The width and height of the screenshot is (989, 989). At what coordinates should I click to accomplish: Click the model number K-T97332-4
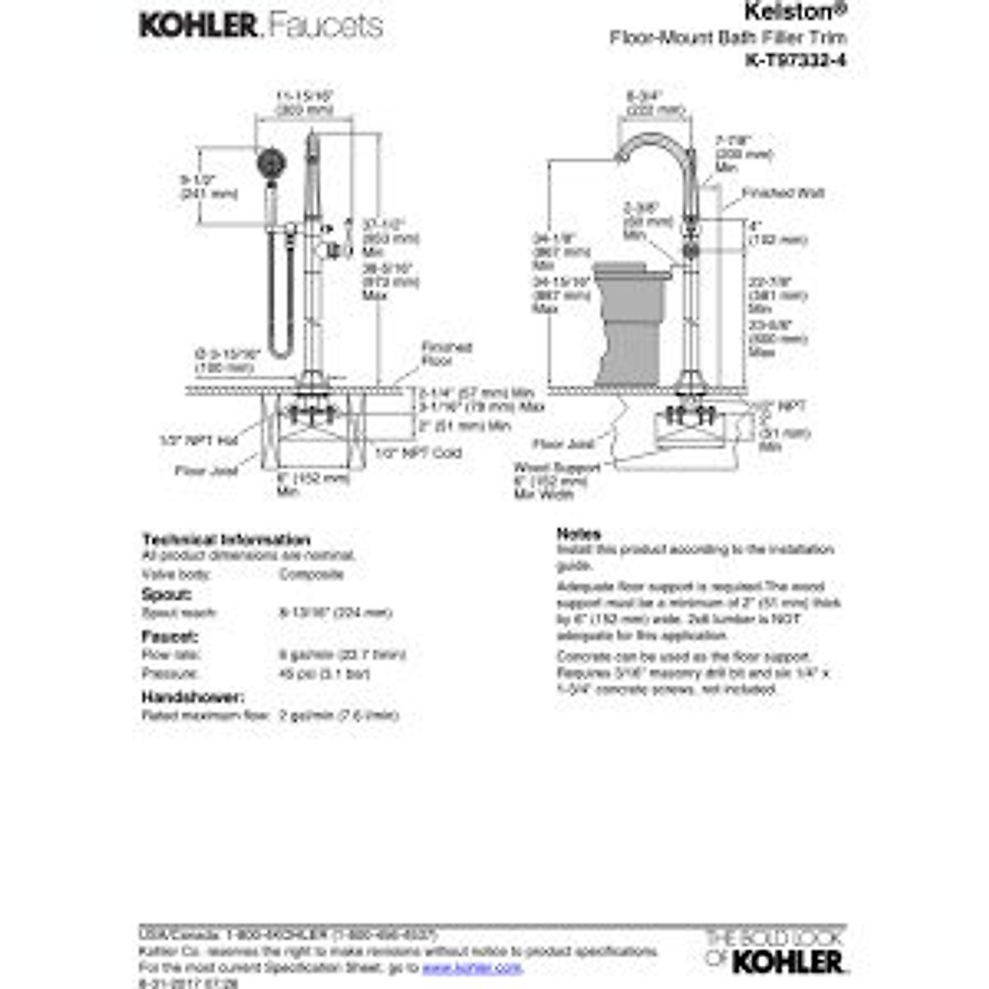click(x=795, y=60)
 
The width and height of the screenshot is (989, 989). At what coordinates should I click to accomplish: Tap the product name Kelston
click(x=783, y=12)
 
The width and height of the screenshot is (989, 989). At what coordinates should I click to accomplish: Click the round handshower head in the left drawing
click(x=266, y=162)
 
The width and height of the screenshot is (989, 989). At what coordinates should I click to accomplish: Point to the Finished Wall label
click(x=782, y=194)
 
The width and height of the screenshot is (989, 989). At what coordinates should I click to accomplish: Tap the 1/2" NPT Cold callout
click(x=418, y=452)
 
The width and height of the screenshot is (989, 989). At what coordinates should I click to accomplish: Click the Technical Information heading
click(x=226, y=540)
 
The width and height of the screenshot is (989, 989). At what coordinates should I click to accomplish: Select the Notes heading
click(x=579, y=534)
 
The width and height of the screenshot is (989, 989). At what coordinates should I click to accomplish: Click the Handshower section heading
click(x=192, y=697)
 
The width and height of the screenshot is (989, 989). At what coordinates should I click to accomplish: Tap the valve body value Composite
click(x=311, y=574)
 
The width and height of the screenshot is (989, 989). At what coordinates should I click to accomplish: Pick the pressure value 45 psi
click(x=324, y=674)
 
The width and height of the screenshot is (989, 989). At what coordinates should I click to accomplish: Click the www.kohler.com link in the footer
click(x=472, y=968)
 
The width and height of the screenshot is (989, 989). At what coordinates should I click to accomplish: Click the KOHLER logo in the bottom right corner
click(x=787, y=961)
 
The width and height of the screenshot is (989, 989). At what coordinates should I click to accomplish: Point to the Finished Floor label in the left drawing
click(x=446, y=354)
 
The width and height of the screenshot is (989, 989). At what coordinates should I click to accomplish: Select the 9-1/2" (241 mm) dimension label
click(x=209, y=186)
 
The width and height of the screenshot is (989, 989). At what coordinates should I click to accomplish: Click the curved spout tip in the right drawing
click(x=621, y=157)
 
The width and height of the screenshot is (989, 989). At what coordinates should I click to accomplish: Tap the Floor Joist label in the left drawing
click(x=206, y=471)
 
